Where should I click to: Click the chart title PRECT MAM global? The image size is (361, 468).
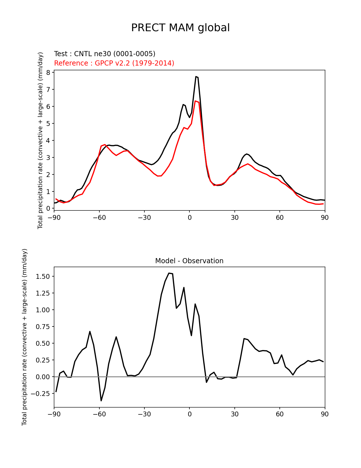(180, 28)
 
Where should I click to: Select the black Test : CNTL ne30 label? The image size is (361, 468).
(104, 54)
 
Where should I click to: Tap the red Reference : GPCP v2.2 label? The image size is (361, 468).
(114, 63)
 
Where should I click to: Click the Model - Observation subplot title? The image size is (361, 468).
(189, 261)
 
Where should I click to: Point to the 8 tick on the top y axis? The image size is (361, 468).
(48, 73)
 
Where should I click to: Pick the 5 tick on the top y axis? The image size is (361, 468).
(48, 124)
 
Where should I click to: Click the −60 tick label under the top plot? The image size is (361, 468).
(99, 218)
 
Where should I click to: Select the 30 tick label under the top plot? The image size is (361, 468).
(234, 218)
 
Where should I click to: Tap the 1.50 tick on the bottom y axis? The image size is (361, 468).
(43, 277)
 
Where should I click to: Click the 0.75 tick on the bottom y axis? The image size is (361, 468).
(43, 327)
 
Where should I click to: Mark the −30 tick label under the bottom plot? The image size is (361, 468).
(144, 414)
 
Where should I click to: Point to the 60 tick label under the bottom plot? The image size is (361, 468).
(279, 414)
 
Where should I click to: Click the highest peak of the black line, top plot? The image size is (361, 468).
(196, 77)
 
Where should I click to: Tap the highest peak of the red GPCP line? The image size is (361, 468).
(195, 101)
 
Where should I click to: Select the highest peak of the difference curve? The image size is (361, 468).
(169, 273)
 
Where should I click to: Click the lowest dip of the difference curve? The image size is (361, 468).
(101, 400)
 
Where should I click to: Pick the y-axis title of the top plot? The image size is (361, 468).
(40, 140)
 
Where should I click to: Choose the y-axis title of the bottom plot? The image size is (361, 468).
(25, 337)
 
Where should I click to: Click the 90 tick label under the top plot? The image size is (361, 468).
(325, 218)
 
